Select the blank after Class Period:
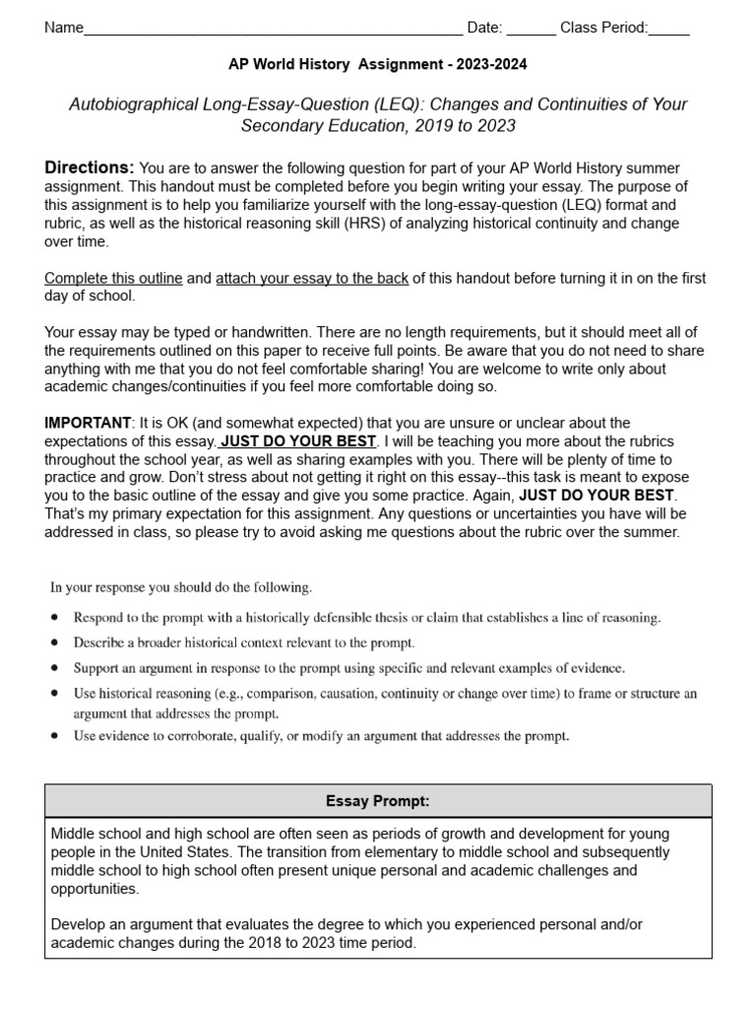coord(669,30)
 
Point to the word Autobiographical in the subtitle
coord(127,104)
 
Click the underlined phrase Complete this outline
coord(113,279)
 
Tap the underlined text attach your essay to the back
coord(311,279)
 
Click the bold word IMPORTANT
coord(87,423)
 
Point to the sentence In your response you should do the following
coord(181,588)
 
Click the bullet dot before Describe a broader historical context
coord(55,642)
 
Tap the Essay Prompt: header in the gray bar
coord(378,801)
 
